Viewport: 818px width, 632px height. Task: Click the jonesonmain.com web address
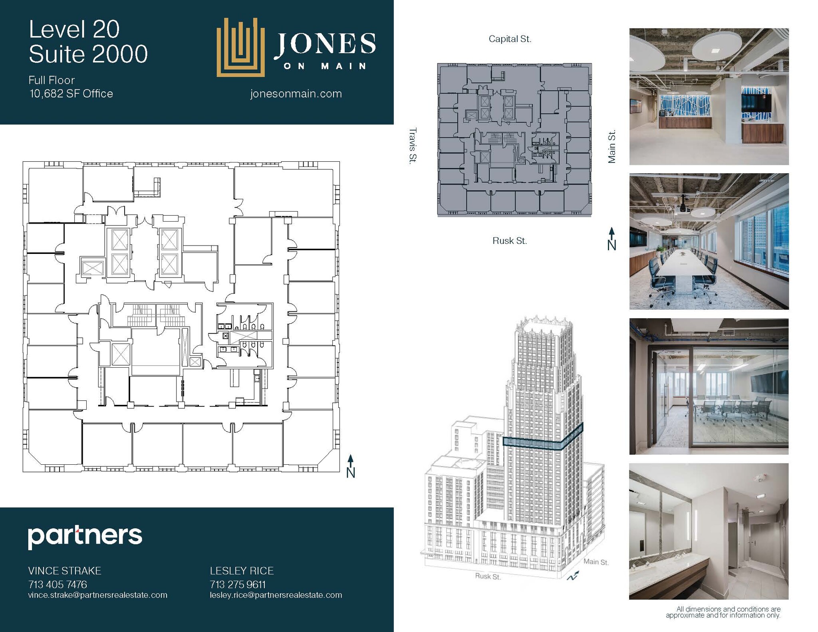tap(296, 94)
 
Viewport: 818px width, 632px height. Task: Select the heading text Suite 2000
tap(88, 54)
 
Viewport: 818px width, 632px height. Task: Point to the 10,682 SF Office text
tap(71, 94)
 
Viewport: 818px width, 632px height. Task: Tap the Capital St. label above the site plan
tap(510, 39)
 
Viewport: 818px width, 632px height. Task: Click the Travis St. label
tap(413, 145)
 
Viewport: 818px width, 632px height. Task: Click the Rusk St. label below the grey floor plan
tap(509, 241)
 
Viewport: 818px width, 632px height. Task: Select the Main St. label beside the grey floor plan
tap(612, 146)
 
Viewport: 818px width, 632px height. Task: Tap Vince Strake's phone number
tap(58, 584)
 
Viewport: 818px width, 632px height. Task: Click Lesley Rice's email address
tap(276, 595)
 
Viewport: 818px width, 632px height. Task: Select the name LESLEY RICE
tap(242, 571)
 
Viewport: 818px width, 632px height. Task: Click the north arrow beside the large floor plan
tap(350, 466)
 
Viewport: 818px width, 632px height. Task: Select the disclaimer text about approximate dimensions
tap(723, 612)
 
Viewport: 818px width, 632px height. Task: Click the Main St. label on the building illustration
tap(596, 562)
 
